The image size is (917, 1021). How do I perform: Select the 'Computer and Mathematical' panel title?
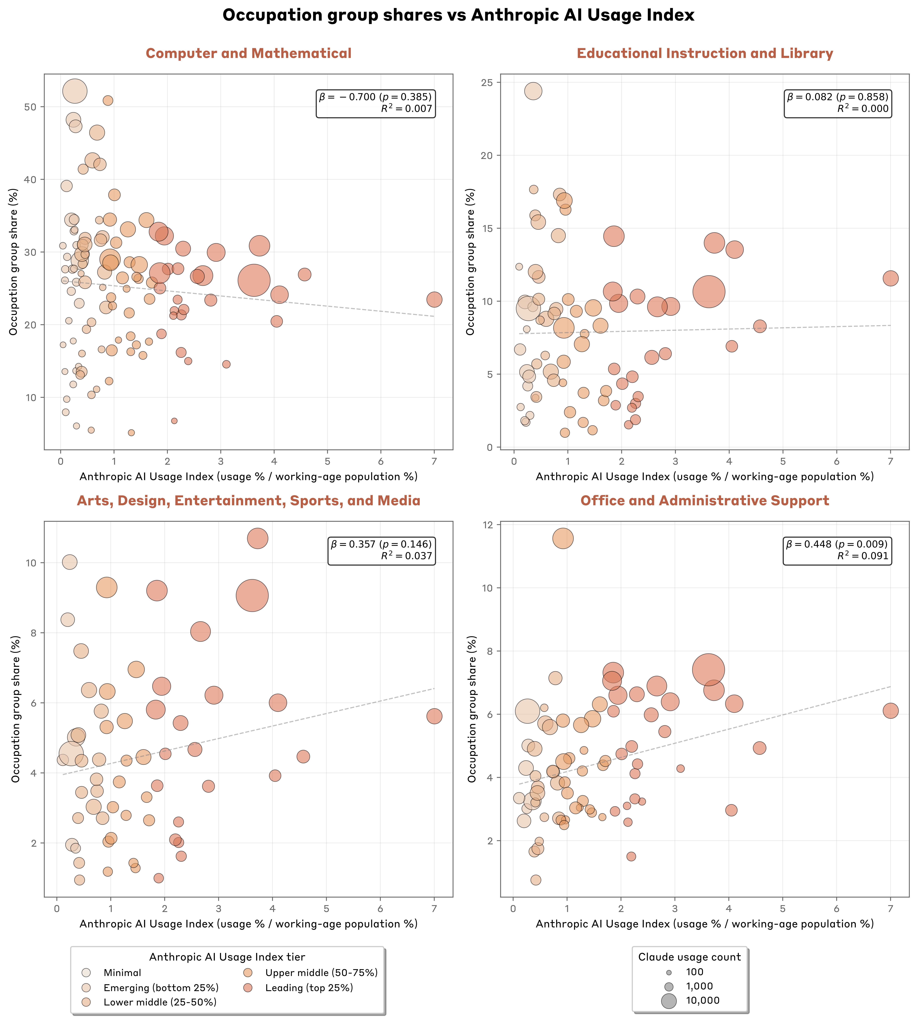point(248,53)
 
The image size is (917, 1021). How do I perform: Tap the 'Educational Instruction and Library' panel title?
point(704,53)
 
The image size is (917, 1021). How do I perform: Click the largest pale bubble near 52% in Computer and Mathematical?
point(75,91)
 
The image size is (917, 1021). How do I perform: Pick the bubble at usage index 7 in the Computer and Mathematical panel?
point(434,299)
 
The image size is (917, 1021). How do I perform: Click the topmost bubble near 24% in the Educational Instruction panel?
point(533,91)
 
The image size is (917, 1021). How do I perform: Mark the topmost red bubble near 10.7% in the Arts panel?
point(257,538)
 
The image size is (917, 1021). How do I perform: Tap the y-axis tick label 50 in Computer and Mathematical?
point(32,107)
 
